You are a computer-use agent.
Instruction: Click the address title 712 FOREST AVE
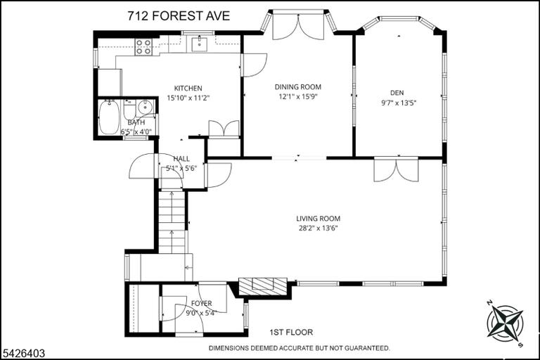(179, 16)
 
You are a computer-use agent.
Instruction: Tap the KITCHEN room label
(188, 88)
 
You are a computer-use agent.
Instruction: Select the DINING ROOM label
(298, 86)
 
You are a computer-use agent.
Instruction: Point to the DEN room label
(397, 93)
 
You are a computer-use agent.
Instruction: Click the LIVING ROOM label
(319, 219)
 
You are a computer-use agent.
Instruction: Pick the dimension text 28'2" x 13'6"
(319, 228)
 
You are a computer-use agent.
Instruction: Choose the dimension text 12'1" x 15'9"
(298, 96)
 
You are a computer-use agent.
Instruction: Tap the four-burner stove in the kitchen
(143, 47)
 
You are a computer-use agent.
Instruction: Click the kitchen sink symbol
(199, 44)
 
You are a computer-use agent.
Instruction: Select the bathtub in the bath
(109, 118)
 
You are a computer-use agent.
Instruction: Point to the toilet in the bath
(130, 109)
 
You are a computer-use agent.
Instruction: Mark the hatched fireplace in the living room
(263, 286)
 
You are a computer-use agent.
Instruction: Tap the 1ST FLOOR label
(291, 333)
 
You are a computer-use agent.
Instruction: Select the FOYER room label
(202, 304)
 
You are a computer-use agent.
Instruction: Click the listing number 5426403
(23, 353)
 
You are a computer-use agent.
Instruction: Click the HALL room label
(181, 159)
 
